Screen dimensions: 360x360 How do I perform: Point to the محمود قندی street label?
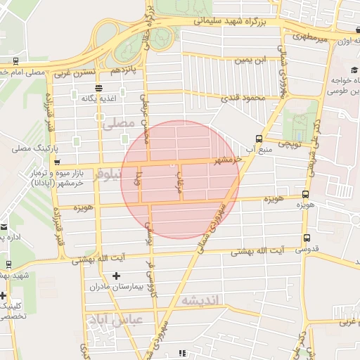tap(242, 98)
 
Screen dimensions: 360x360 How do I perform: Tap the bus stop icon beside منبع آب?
tap(259, 138)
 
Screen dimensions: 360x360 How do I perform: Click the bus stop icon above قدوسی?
tap(307, 238)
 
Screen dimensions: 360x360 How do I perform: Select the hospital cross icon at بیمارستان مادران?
tap(116, 276)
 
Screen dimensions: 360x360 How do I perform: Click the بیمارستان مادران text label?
tap(117, 287)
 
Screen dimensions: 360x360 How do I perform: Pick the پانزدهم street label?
tap(128, 72)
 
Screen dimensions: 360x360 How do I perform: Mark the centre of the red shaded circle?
tap(180, 180)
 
